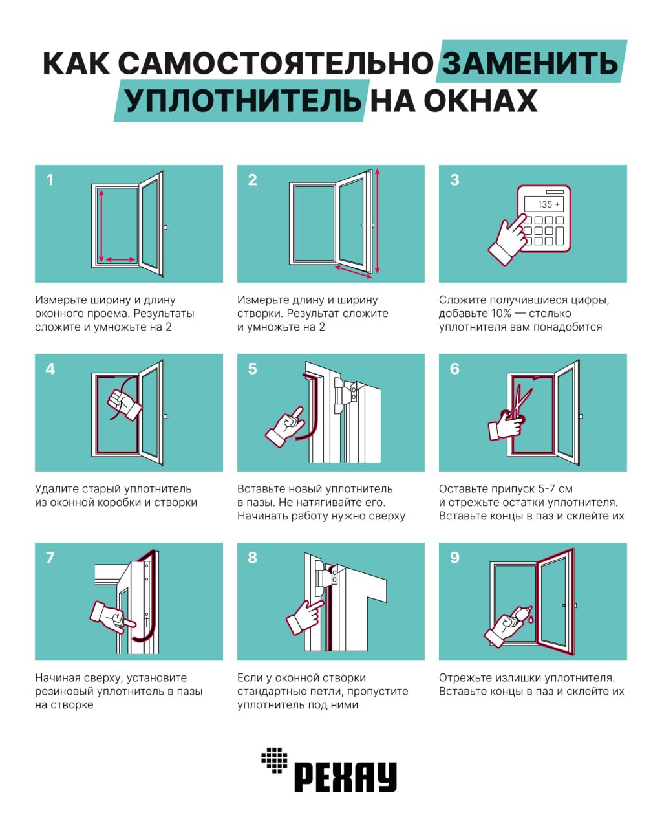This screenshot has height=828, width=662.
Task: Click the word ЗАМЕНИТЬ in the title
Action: [x=529, y=63]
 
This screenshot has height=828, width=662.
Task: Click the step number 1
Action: [x=50, y=180]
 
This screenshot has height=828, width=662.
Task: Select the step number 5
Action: [x=253, y=369]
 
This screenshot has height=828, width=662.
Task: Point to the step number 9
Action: [x=454, y=558]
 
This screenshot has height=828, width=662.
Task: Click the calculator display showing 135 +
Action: [x=544, y=204]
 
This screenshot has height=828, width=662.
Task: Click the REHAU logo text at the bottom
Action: [x=345, y=777]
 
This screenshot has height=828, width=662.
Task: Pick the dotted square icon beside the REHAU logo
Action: [x=274, y=759]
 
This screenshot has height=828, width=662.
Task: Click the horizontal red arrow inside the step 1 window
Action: [x=120, y=259]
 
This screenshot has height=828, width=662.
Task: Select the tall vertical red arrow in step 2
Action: [x=377, y=220]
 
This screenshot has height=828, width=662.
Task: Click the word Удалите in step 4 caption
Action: [x=56, y=489]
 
